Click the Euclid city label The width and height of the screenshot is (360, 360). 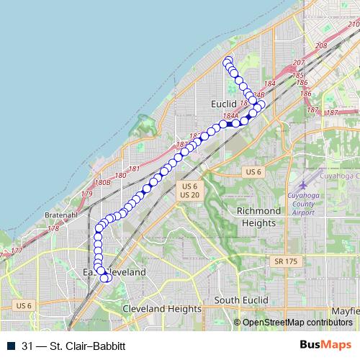point(224,104)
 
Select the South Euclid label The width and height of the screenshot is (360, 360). point(240,300)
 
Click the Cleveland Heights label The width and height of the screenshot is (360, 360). point(161,308)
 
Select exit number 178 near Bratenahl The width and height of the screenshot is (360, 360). point(53,228)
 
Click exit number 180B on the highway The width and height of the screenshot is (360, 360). point(102,183)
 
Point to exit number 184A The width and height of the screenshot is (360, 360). point(230,115)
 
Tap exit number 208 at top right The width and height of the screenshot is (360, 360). point(321,46)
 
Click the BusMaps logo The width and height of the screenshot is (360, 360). point(325,345)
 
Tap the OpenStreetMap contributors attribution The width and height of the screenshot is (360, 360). point(297,323)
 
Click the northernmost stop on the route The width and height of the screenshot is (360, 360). point(228,60)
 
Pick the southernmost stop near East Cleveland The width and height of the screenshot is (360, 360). point(105,279)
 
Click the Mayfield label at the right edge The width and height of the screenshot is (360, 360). point(346,311)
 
